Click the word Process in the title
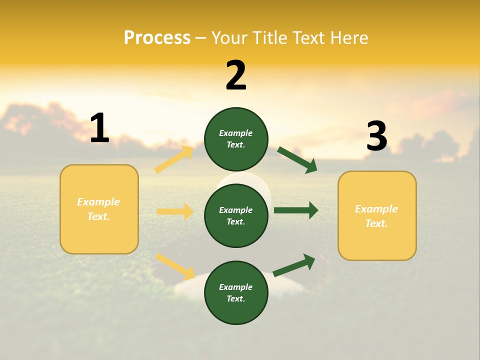point(157,38)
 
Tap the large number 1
point(99,129)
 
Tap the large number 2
point(236,76)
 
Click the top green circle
point(236,139)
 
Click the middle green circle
point(236,215)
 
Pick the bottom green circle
point(236,292)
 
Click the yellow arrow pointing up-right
point(174,159)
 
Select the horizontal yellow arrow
point(175,211)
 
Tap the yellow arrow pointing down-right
point(175,266)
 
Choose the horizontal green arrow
point(296,210)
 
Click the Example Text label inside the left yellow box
point(98,209)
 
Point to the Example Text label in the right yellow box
point(376,216)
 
